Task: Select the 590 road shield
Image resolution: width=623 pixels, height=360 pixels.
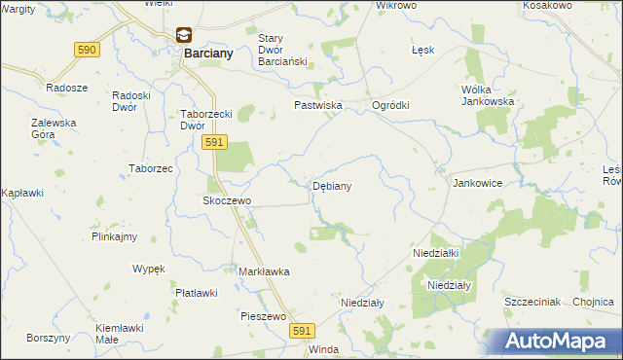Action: pos(87,49)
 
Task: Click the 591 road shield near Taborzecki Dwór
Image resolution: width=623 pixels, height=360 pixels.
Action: pos(215,142)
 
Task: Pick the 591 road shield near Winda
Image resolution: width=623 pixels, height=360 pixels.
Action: pos(302,332)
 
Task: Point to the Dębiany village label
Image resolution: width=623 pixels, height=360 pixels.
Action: pos(332,185)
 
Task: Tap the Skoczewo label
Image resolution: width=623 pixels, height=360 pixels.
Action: pos(227,200)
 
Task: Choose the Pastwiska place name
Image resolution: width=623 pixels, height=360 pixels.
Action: pos(317,105)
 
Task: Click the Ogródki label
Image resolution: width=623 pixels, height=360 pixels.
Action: pos(390,105)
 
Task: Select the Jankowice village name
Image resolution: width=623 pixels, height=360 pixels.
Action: pos(477,182)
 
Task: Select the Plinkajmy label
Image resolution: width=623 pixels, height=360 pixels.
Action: pos(114,236)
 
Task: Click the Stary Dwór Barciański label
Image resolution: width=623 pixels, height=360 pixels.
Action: pos(281,49)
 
